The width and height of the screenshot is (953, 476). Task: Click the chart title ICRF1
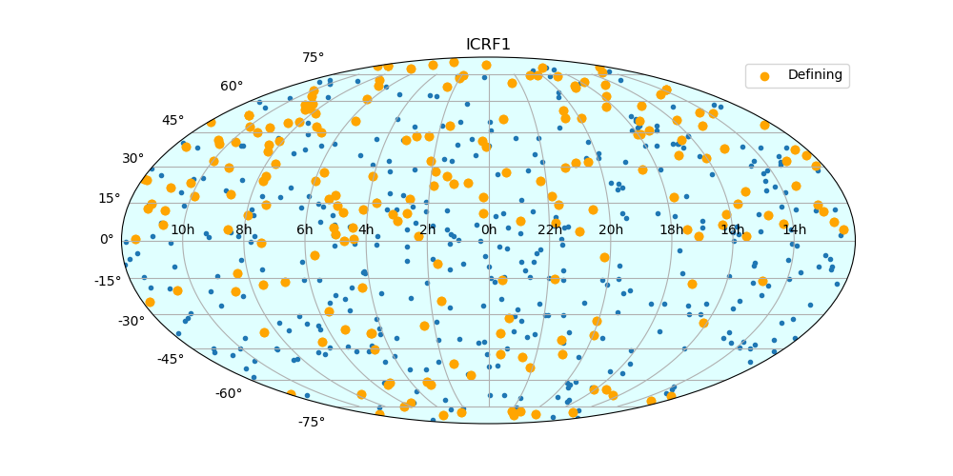tap(488, 45)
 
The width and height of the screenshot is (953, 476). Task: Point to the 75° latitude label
tap(313, 58)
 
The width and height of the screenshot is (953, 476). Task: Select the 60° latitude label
tap(232, 87)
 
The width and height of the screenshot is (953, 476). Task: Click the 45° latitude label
tap(172, 121)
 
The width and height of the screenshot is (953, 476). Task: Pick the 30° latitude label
tap(133, 158)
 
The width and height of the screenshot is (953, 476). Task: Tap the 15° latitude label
tap(111, 198)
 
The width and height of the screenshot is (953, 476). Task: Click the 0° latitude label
tap(107, 239)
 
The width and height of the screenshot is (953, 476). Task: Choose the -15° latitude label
tap(107, 281)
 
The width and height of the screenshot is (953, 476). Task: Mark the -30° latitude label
tap(131, 321)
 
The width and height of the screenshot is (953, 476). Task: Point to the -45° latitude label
tap(171, 359)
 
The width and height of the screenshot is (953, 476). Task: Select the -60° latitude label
tap(229, 393)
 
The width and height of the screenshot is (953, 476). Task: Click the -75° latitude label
tap(311, 422)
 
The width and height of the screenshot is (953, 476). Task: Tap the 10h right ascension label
tap(183, 229)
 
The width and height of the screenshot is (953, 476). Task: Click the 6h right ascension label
tap(305, 229)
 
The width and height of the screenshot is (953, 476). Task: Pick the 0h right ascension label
tap(489, 229)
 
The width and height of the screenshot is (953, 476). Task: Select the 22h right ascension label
tap(550, 229)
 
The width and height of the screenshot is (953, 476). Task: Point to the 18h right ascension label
tap(672, 229)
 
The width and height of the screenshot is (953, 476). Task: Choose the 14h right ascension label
tap(794, 229)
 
